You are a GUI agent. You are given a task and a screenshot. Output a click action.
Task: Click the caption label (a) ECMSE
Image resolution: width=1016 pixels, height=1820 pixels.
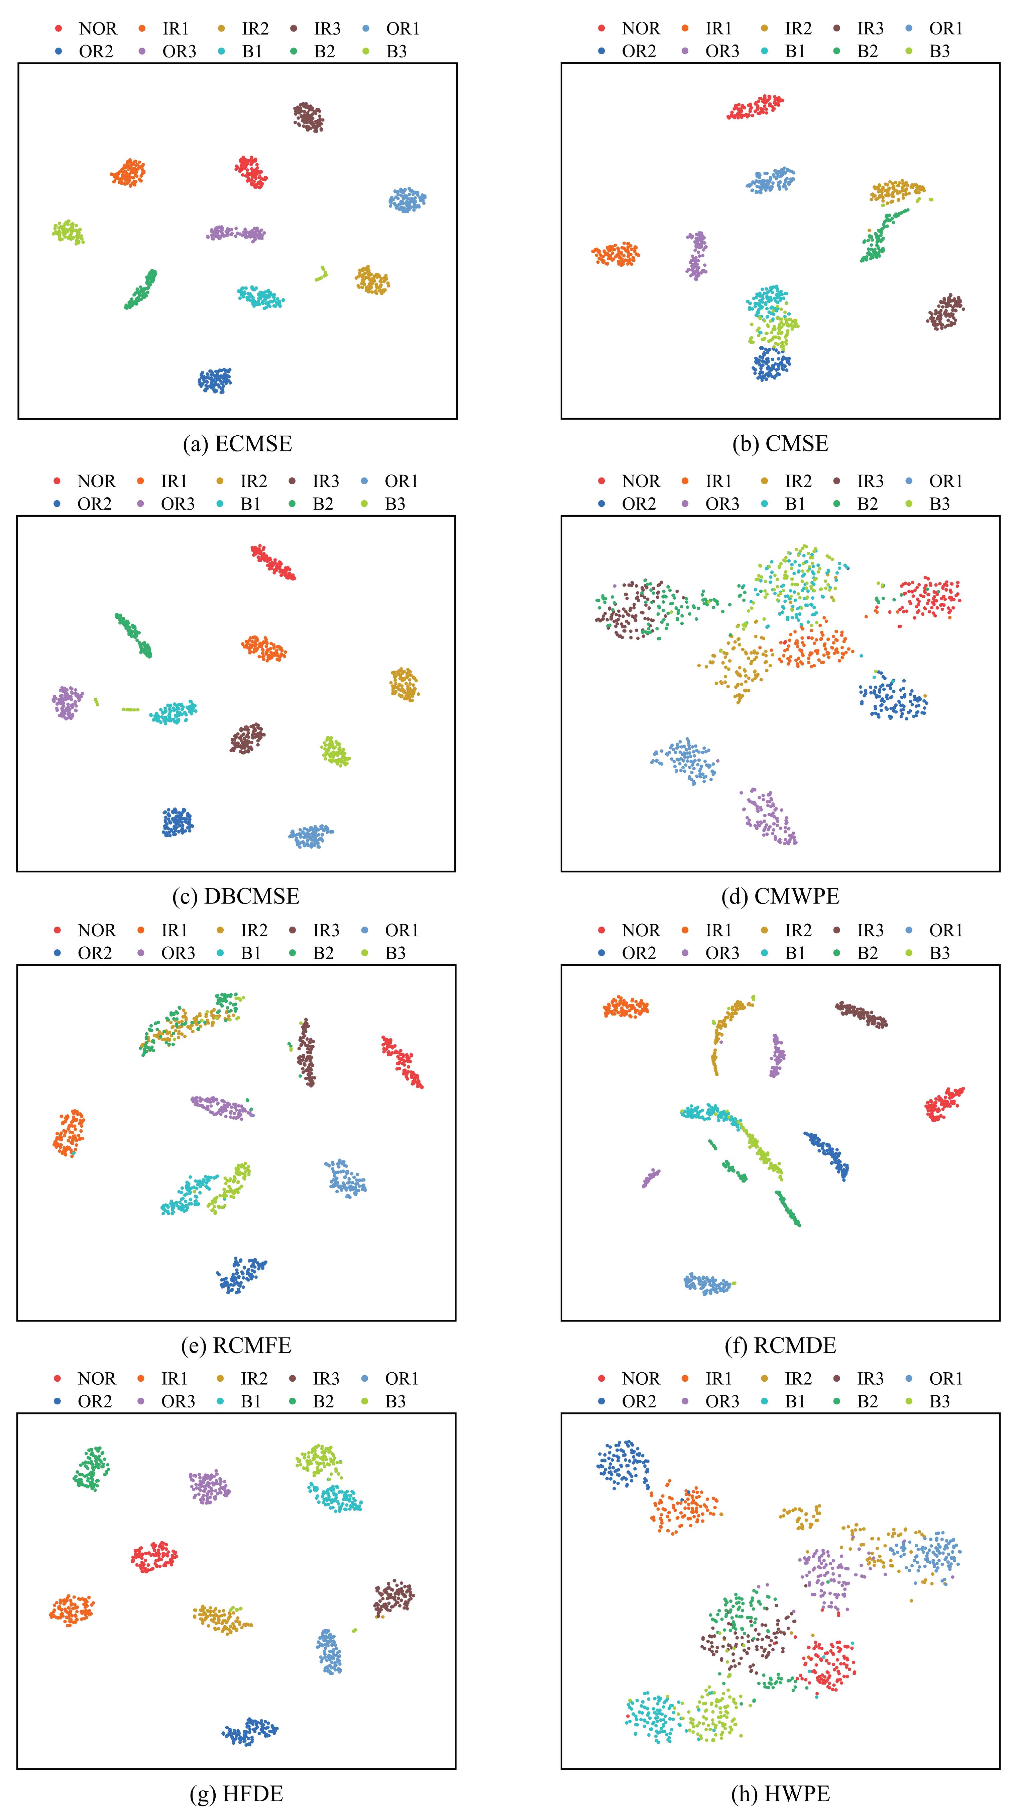coord(237,444)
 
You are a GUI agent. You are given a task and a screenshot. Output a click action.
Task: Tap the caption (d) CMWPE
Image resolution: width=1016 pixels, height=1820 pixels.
coord(780,896)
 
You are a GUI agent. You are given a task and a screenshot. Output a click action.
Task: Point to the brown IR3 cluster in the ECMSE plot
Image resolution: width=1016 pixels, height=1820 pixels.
coord(309,117)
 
